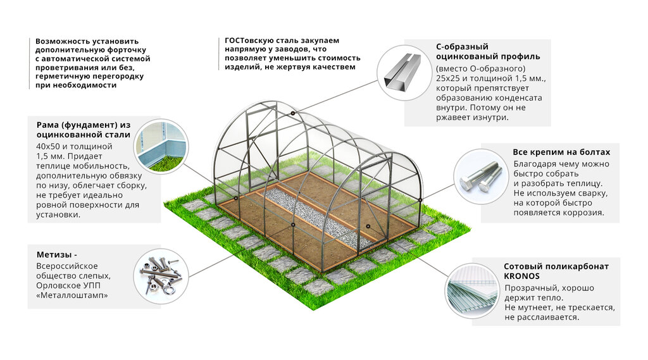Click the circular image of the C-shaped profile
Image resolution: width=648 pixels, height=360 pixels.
click(402, 71)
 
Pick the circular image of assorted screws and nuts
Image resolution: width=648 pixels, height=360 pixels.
click(161, 273)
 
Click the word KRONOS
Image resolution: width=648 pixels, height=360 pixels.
click(522, 276)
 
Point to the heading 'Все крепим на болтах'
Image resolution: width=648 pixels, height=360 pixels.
click(561, 152)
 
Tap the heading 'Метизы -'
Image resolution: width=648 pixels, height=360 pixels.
click(57, 255)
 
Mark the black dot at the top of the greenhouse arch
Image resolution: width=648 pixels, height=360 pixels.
click(293, 114)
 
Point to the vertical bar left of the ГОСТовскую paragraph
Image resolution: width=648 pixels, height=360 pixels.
click(218, 54)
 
